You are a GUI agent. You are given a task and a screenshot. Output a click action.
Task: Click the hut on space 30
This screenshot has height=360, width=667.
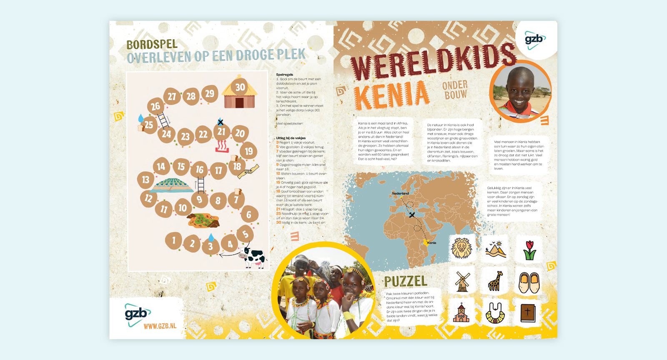pyautogui.click(x=239, y=92)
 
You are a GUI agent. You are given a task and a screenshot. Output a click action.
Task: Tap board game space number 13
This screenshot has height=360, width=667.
pyautogui.click(x=145, y=180)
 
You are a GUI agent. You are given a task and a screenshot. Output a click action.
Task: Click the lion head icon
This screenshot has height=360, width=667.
pyautogui.click(x=461, y=249)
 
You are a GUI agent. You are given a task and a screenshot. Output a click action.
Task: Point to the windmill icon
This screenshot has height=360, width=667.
pyautogui.click(x=462, y=282)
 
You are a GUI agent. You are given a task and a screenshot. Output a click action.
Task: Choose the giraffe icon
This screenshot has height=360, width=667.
pyautogui.click(x=496, y=281)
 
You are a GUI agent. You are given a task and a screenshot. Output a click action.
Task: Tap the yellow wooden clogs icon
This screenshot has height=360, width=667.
pyautogui.click(x=529, y=282)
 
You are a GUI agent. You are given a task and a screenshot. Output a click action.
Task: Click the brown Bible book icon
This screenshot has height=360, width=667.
pyautogui.click(x=528, y=312)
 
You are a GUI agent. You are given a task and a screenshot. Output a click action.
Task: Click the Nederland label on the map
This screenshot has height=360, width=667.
pyautogui.click(x=400, y=193)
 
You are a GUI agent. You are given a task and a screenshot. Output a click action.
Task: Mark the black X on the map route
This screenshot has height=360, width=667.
pyautogui.click(x=412, y=215)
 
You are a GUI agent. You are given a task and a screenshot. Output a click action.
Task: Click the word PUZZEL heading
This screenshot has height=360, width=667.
pyautogui.click(x=406, y=282)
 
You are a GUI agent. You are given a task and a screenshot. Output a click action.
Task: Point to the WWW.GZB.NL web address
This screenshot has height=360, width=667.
pyautogui.click(x=160, y=326)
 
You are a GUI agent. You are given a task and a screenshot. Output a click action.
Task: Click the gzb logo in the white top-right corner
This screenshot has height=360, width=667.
pyautogui.click(x=534, y=40)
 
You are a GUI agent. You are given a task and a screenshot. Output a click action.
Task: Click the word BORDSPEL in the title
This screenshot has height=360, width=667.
pyautogui.click(x=152, y=45)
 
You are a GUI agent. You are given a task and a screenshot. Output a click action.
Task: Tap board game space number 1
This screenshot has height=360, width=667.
pyautogui.click(x=173, y=240)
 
